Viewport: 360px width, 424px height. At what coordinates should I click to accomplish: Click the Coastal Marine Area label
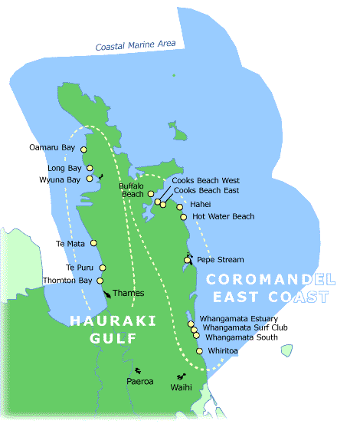pyautogui.click(x=136, y=47)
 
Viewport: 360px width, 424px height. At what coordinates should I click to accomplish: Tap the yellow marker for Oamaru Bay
pyautogui.click(x=83, y=149)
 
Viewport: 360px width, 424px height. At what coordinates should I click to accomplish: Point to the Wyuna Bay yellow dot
pyautogui.click(x=90, y=179)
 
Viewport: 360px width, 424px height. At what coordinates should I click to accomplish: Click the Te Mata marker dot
pyautogui.click(x=94, y=243)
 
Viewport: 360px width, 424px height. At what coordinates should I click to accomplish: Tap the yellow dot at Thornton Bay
pyautogui.click(x=100, y=281)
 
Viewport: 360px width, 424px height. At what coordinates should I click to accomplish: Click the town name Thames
pyautogui.click(x=128, y=293)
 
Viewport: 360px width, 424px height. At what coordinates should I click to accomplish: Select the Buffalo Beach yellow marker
pyautogui.click(x=151, y=194)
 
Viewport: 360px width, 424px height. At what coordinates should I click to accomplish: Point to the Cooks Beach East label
pyautogui.click(x=207, y=190)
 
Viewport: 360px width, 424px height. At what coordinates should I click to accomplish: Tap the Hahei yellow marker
pyautogui.click(x=180, y=206)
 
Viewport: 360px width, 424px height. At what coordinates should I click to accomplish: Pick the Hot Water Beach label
pyautogui.click(x=224, y=217)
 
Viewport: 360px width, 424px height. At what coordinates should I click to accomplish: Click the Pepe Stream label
pyautogui.click(x=215, y=260)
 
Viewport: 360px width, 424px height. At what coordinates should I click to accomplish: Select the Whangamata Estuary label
pyautogui.click(x=238, y=318)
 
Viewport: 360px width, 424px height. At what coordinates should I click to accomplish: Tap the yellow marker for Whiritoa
pyautogui.click(x=199, y=351)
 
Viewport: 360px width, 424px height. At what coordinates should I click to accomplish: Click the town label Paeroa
pyautogui.click(x=140, y=381)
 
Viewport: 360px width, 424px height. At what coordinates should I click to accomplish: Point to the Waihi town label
pyautogui.click(x=181, y=388)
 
